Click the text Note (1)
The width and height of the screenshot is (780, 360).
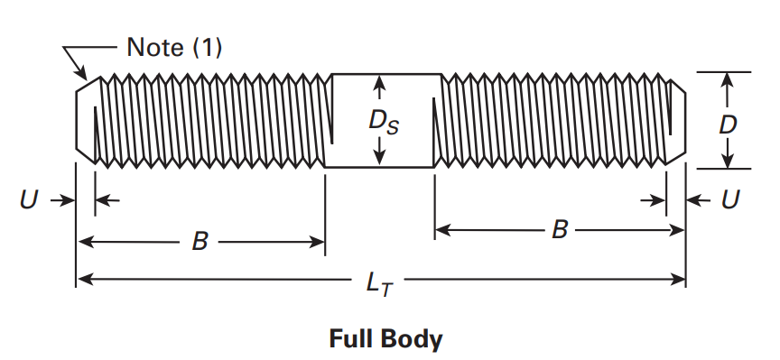(x=174, y=48)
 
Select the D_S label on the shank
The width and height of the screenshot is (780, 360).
(x=379, y=120)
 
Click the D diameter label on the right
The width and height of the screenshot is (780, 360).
(x=728, y=124)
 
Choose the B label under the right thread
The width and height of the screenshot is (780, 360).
(x=560, y=230)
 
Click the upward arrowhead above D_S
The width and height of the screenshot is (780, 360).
(x=380, y=84)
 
